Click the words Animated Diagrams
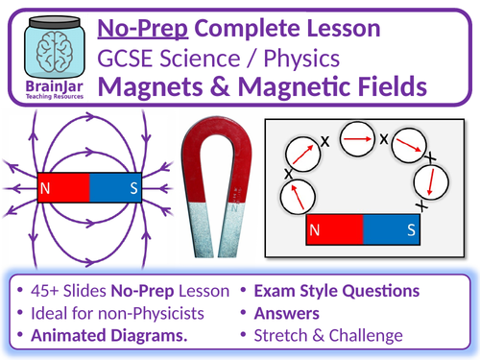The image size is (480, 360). pos(114,334)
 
